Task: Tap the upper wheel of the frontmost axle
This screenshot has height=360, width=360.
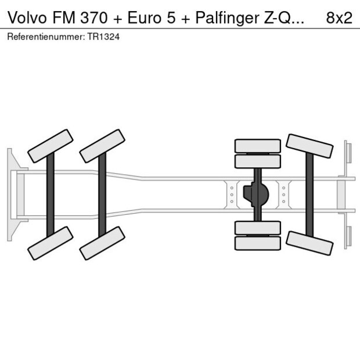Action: (x=50, y=146)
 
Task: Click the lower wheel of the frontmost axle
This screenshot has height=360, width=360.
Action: (x=50, y=243)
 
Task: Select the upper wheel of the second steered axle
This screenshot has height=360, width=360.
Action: (x=102, y=146)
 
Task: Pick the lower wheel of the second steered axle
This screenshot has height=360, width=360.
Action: (x=102, y=243)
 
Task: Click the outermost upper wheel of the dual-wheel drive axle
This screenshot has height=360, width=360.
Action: (x=257, y=146)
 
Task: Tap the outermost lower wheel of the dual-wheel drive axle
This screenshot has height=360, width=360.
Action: (x=257, y=243)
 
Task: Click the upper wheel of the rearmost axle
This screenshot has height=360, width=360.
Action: (x=309, y=146)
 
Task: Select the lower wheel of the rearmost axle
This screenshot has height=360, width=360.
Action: (x=309, y=243)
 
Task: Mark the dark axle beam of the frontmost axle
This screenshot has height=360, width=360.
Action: (x=51, y=195)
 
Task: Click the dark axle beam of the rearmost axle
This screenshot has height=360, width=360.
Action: (x=309, y=195)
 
